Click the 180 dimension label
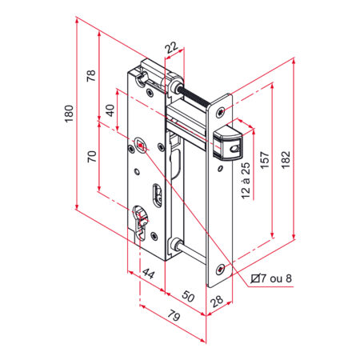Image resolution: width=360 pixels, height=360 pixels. tap(69, 114)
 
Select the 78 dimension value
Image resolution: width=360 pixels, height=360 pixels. tap(91, 75)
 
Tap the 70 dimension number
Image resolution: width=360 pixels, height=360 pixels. tap(92, 157)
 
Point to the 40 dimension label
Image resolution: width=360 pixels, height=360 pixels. tap(110, 110)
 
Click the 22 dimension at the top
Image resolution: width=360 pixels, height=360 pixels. tap(171, 47)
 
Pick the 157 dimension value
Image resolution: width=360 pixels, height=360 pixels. tap(265, 160)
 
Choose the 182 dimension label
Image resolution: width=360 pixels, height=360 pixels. tap(286, 159)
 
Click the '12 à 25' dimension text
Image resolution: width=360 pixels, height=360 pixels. tap(246, 181)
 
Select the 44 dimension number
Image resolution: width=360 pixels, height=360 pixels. tap(148, 274)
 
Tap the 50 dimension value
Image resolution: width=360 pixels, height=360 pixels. tap(188, 296)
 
